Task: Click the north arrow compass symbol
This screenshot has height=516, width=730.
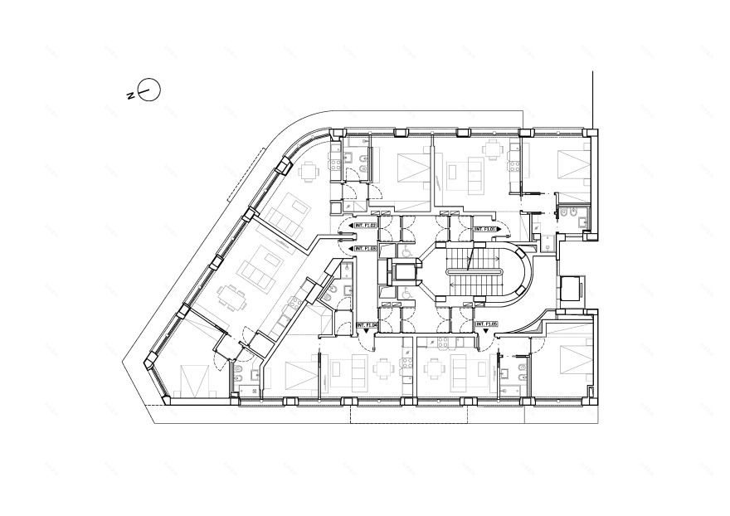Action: click(x=148, y=90)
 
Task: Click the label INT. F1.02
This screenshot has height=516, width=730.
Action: click(x=366, y=225)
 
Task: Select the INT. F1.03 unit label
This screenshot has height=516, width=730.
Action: click(x=366, y=248)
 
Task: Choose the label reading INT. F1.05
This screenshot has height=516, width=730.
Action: click(x=484, y=324)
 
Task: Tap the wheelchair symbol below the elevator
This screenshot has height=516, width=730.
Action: click(x=406, y=292)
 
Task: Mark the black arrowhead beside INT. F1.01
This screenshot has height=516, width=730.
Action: click(x=503, y=229)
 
